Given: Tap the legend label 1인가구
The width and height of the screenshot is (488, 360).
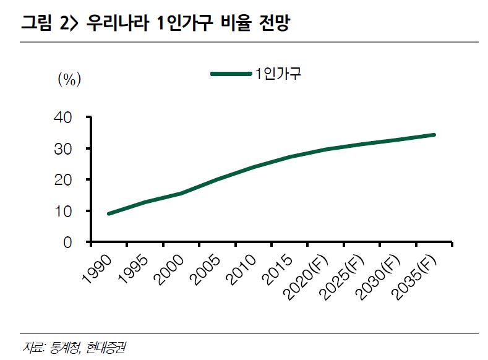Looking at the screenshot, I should (x=278, y=74).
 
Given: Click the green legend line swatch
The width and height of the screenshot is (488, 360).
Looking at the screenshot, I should (x=231, y=74).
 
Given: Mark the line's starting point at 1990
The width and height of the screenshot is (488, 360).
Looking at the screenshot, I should (x=108, y=213).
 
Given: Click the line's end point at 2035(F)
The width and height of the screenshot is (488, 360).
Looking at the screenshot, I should (x=435, y=134).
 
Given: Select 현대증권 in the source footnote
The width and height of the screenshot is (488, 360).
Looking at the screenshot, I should (x=106, y=346).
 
